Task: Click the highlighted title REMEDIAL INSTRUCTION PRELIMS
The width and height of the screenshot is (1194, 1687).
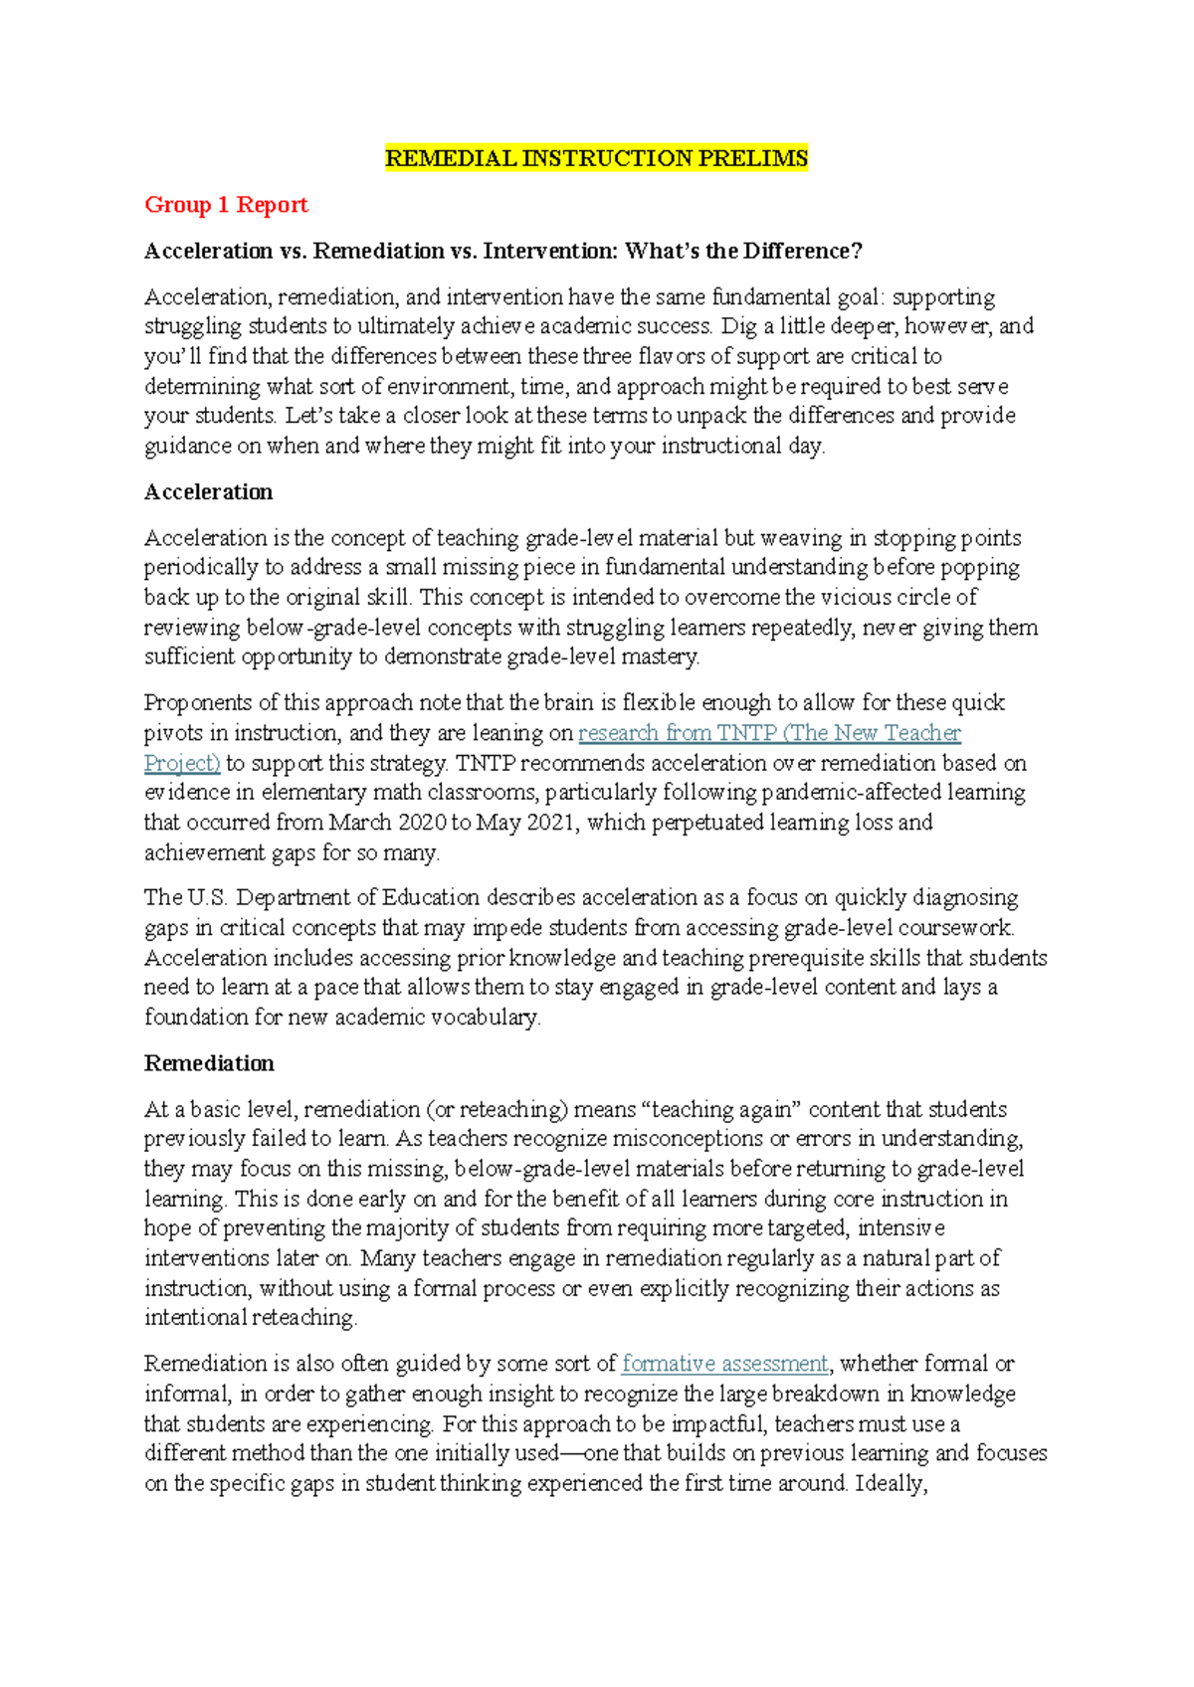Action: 596,158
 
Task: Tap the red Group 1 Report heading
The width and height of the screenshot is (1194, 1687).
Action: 226,205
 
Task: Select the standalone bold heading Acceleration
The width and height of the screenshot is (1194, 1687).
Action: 208,492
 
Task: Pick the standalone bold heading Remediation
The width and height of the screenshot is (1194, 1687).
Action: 209,1063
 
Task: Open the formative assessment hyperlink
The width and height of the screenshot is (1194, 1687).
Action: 724,1364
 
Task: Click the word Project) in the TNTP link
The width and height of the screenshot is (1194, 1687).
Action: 181,763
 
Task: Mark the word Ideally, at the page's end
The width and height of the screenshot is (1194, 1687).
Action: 891,1483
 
